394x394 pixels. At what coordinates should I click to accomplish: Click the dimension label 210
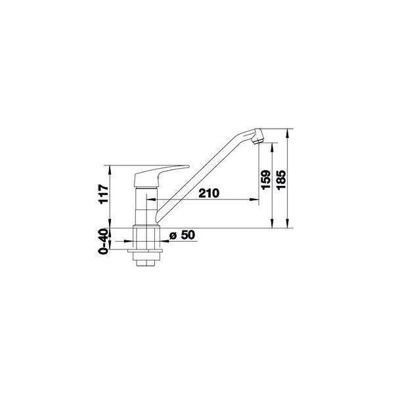tap(209, 193)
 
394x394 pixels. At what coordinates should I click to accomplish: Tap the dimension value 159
tap(266, 180)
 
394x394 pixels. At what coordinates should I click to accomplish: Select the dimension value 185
tap(281, 180)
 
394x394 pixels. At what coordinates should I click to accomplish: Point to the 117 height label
tap(104, 194)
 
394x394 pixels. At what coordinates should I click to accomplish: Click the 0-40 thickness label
tap(104, 241)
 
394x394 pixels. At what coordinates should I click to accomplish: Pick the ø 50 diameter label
tap(182, 235)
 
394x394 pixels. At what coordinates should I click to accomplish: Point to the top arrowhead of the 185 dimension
tap(287, 133)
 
